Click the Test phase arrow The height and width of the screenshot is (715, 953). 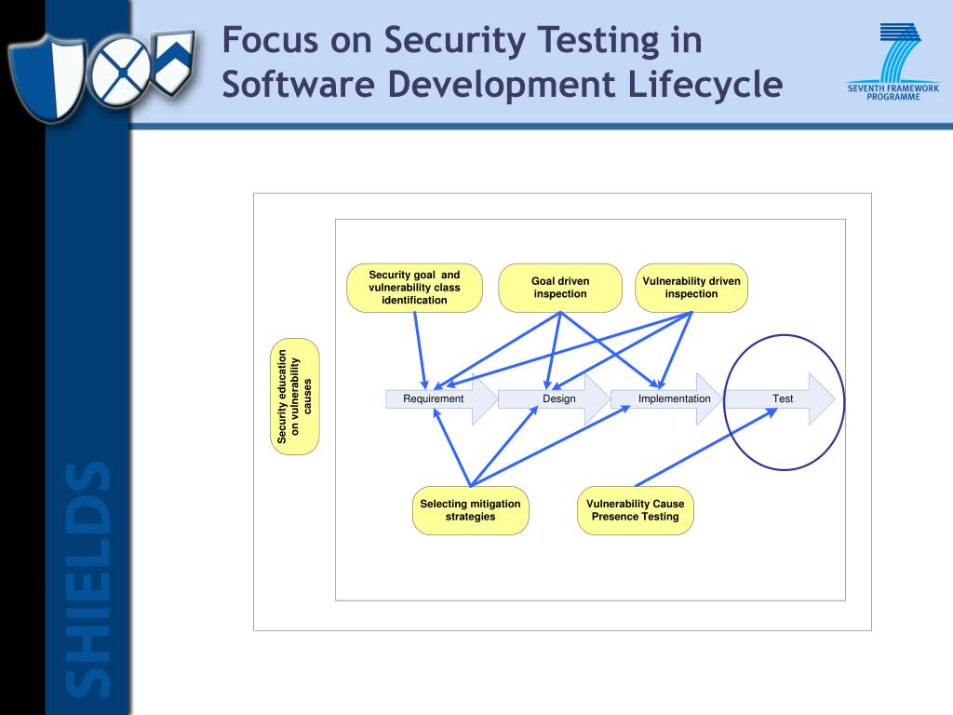tap(782, 398)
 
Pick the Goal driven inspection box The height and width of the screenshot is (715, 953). tap(560, 288)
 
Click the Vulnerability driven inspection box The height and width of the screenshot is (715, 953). tap(691, 288)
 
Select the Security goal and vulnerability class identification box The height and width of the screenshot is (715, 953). tap(414, 288)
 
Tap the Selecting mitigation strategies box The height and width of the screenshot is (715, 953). tap(470, 510)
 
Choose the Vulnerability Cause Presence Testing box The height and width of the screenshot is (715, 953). tap(635, 510)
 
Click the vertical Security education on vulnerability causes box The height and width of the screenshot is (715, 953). tap(297, 397)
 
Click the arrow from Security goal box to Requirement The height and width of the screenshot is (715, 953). tap(420, 349)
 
